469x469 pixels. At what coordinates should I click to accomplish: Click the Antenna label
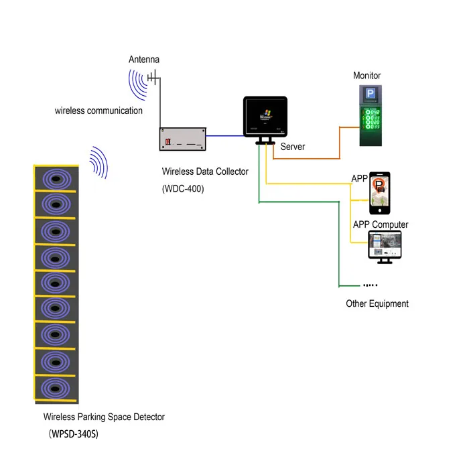point(144,60)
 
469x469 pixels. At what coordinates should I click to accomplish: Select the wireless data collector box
point(182,140)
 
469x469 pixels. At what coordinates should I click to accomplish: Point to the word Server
point(293,146)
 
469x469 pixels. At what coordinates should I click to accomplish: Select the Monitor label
point(366,76)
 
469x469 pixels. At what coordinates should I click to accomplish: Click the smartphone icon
point(380,194)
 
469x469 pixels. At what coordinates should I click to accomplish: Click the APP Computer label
point(381,224)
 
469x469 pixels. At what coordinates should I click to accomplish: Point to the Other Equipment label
point(377,304)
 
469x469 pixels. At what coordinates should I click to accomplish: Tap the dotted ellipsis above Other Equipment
point(371,285)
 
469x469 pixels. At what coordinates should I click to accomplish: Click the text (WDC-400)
point(183,189)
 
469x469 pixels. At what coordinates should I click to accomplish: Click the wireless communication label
point(98,110)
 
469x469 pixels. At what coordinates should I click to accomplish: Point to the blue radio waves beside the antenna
point(138,84)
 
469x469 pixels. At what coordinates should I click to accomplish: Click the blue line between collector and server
point(224,136)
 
